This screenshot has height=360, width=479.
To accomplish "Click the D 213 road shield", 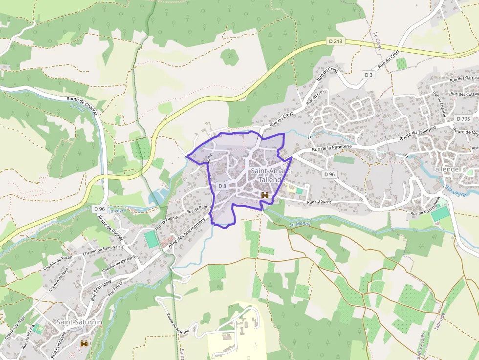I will click(335, 42).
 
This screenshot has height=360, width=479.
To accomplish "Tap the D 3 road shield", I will click(369, 75).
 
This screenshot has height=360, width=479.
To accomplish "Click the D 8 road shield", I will click(222, 186).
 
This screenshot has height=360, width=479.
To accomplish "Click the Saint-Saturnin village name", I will click(79, 322).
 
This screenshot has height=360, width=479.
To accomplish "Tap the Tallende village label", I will click(445, 169).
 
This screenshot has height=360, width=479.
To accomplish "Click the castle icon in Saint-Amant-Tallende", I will click(265, 195).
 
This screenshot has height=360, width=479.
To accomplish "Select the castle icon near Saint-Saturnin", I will click(85, 343).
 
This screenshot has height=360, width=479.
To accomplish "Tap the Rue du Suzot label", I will click(320, 202).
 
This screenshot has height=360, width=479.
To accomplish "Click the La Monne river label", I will click(300, 224).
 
